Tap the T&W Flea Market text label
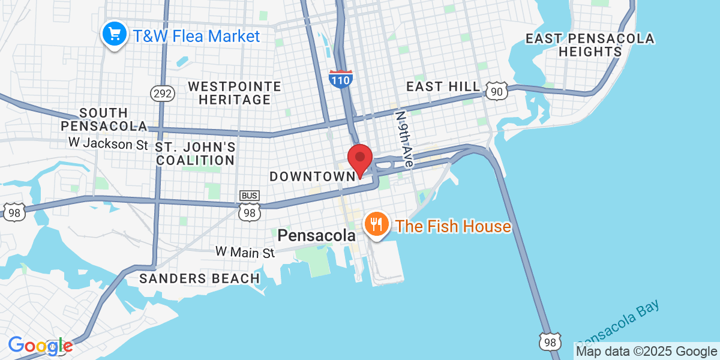click(x=196, y=36)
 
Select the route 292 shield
click(x=162, y=94)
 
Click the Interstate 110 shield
click(x=340, y=79)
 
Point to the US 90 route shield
click(x=497, y=91)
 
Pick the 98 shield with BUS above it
click(x=250, y=211)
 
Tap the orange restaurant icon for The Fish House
click(x=377, y=225)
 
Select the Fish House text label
click(x=454, y=226)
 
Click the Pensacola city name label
click(x=316, y=236)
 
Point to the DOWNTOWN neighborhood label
click(x=312, y=176)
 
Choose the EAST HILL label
click(x=443, y=87)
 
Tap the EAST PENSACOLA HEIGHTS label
click(x=590, y=45)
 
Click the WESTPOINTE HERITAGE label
click(x=235, y=93)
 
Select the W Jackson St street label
click(x=108, y=143)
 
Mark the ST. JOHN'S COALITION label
click(x=195, y=154)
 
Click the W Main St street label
click(x=245, y=252)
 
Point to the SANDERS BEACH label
click(x=199, y=278)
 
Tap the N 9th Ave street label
click(x=404, y=138)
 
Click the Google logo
click(x=40, y=346)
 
